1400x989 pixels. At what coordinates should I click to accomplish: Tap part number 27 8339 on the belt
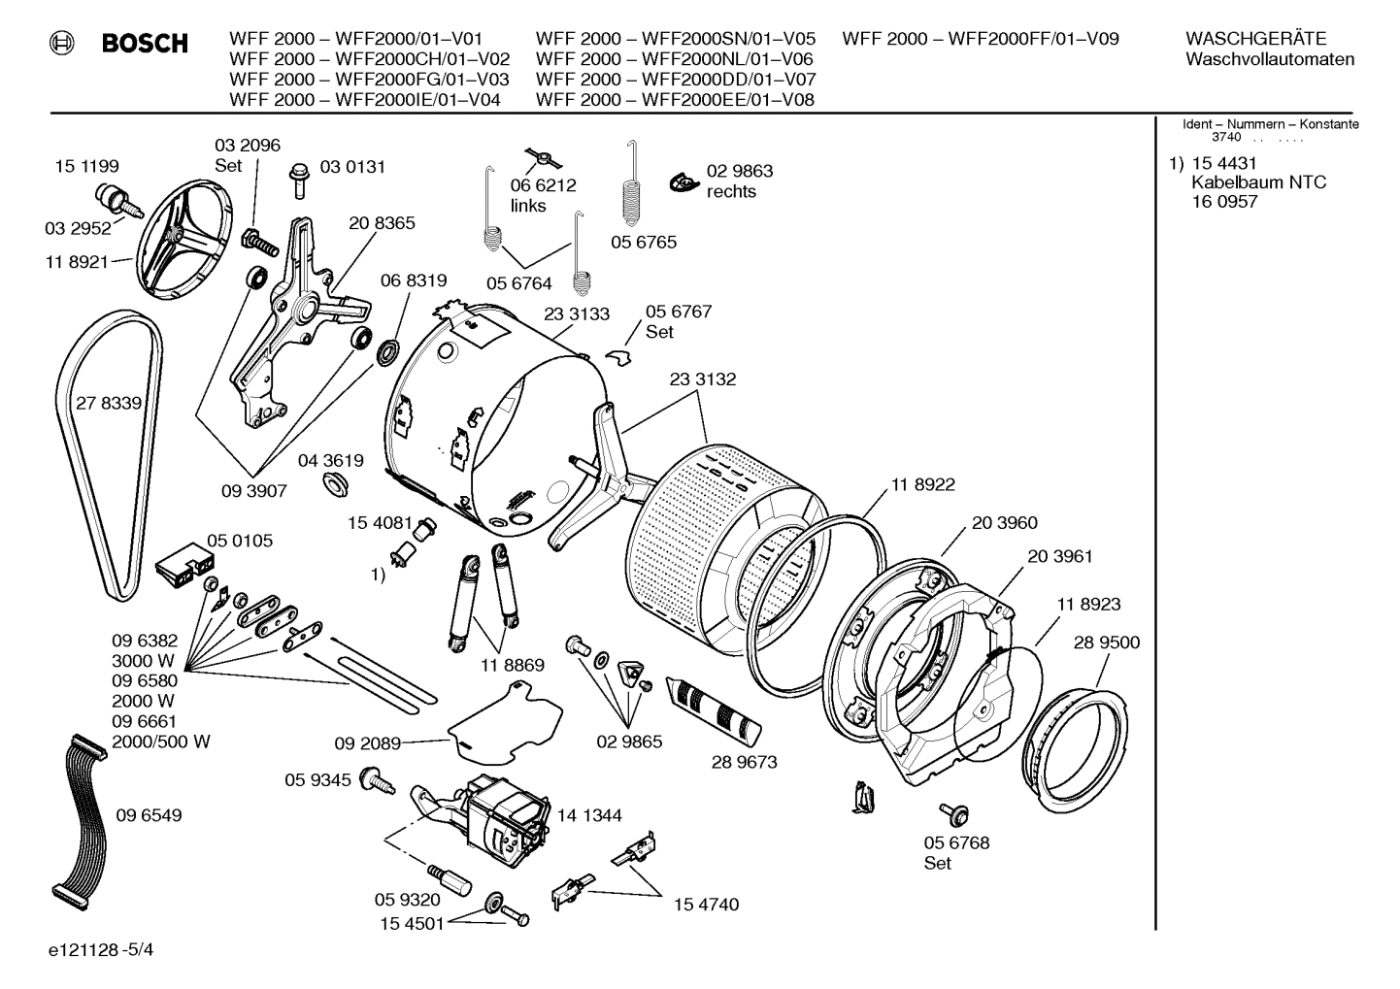[109, 403]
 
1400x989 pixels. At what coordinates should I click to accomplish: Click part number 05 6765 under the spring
[643, 242]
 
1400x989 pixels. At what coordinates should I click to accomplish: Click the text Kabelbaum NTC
[1258, 182]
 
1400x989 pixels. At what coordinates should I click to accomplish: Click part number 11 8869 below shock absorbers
[512, 666]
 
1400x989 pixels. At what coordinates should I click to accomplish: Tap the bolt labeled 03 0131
[299, 181]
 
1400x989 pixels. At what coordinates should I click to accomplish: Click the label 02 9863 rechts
[739, 181]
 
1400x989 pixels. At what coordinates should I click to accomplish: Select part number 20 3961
[1059, 556]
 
